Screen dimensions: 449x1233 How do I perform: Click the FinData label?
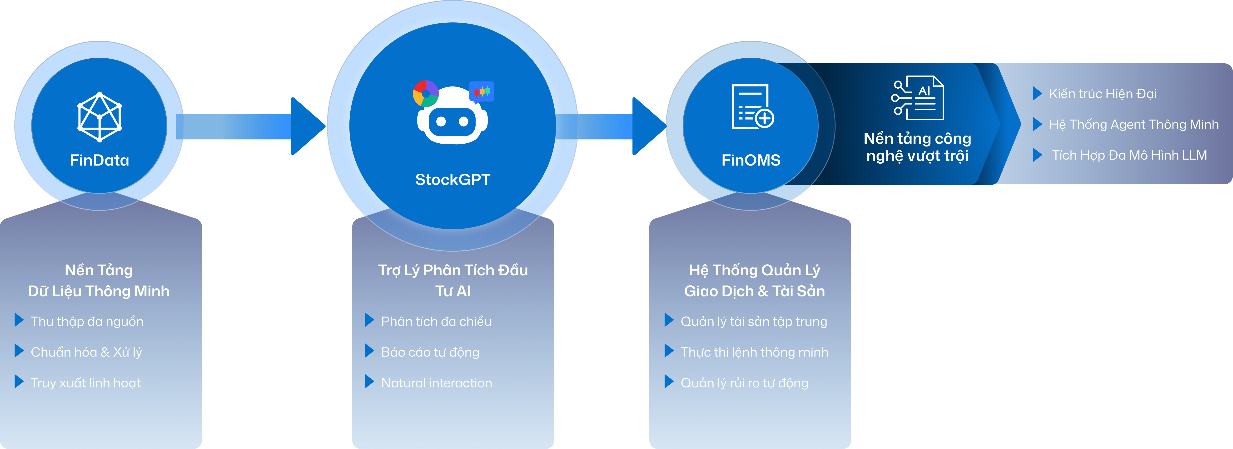point(99,160)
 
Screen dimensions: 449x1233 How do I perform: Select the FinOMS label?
point(751,160)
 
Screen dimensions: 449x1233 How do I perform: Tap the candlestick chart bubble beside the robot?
point(482,91)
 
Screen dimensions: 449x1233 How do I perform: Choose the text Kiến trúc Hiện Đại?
point(1103,94)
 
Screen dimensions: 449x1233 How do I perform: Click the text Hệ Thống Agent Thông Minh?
point(1134,125)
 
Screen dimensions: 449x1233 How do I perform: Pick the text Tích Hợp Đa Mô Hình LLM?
point(1129,155)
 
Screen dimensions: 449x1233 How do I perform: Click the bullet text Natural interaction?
point(437,383)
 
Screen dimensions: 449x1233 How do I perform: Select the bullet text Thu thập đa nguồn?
point(87,322)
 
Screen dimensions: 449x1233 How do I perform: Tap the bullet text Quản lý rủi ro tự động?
point(744,383)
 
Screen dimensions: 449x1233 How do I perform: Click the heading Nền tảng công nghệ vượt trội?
point(917,147)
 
